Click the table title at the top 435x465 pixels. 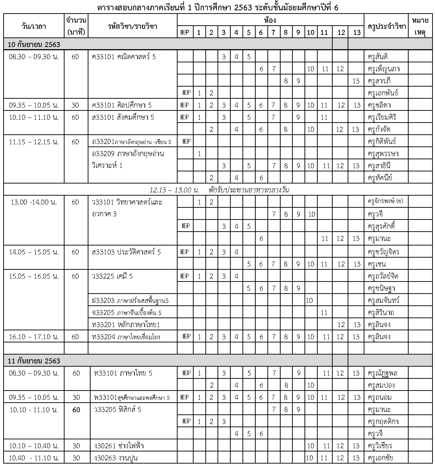(217, 7)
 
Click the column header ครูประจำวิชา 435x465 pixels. (387, 26)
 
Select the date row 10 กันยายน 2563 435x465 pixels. (34, 45)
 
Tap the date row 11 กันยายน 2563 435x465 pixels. (34, 361)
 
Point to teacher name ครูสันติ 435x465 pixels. (378, 57)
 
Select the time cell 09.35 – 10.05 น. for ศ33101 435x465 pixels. (34, 105)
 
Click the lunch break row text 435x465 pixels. (219, 190)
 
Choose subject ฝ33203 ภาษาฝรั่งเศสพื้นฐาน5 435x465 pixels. (130, 300)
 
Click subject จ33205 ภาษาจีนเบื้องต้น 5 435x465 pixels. (127, 312)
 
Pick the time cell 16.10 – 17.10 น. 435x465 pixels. (34, 337)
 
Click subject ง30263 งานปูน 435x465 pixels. (115, 458)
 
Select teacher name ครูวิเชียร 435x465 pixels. (380, 446)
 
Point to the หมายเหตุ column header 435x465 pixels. (420, 26)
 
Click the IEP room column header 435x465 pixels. (185, 32)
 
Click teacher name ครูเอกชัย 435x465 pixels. (380, 458)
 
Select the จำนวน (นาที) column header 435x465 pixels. (76, 26)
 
